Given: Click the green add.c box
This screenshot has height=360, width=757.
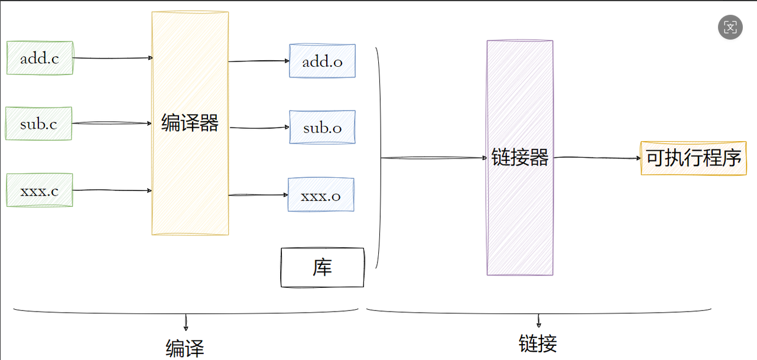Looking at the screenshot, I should (40, 58).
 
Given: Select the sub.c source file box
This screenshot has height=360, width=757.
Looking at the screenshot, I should (39, 124).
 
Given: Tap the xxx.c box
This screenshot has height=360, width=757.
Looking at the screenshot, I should (39, 190).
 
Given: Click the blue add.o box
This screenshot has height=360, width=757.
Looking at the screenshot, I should (322, 61).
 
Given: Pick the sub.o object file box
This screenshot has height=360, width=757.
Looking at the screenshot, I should (322, 127).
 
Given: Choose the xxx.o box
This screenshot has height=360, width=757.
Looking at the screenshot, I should (321, 195).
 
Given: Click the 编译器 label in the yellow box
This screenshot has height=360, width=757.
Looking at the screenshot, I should (190, 123).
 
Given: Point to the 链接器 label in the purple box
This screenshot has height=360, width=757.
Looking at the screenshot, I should (520, 157).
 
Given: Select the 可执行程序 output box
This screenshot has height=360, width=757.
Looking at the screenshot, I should (693, 158).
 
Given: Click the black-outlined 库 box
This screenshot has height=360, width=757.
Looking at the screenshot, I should (323, 268).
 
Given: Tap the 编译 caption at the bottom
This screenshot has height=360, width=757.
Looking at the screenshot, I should (185, 348).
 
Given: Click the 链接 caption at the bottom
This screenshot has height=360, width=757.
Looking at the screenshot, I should (538, 343).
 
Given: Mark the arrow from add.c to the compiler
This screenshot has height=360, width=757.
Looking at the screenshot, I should (112, 58).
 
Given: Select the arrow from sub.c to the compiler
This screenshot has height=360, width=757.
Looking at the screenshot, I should (112, 123).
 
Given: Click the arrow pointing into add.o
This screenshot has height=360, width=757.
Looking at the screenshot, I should (259, 61).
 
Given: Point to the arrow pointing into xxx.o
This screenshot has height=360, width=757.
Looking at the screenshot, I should (258, 194).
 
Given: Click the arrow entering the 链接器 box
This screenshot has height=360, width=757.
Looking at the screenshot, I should (434, 158).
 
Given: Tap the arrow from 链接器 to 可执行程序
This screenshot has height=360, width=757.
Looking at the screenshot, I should (597, 158).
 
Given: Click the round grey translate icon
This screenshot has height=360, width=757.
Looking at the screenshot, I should (730, 27).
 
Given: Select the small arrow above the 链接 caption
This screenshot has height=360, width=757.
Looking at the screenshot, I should (539, 321).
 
